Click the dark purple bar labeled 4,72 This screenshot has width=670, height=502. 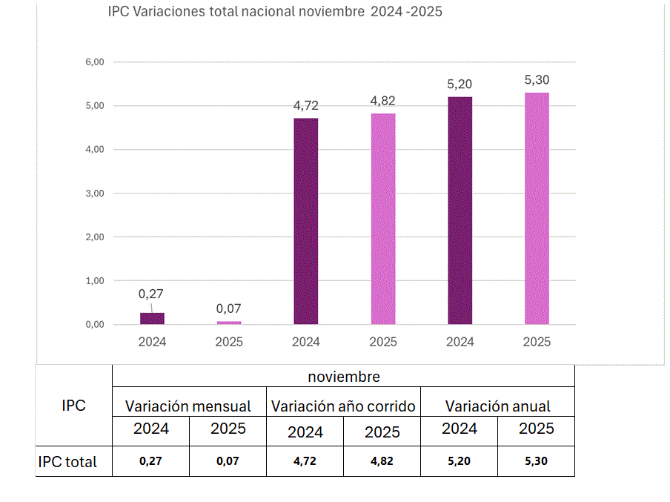click(305, 221)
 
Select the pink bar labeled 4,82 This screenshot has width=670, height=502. click(383, 219)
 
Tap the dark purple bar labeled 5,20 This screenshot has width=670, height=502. click(460, 211)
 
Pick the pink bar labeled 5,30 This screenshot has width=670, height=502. click(537, 208)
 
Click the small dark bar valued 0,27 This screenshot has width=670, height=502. click(152, 319)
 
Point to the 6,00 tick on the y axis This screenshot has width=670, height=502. click(96, 62)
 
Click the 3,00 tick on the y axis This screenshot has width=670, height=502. click(96, 194)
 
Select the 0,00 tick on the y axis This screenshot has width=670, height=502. click(96, 325)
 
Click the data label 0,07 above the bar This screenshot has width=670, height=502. click(228, 308)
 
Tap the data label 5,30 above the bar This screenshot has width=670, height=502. click(537, 80)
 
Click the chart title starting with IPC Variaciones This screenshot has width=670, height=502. click(275, 12)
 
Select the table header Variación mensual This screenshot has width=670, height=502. click(188, 406)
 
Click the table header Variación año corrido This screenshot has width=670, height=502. click(343, 406)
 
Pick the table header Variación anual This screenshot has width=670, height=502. click(497, 406)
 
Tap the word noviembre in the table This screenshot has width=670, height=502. click(343, 377)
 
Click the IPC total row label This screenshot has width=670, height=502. click(67, 462)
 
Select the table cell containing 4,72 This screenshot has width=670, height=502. click(305, 461)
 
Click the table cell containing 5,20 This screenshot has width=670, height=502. click(459, 461)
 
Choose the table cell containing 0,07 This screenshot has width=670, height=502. click(228, 461)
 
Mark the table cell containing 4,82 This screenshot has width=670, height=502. click(382, 461)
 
